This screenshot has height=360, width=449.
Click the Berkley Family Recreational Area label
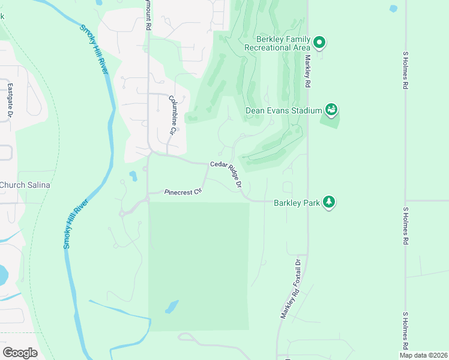[277, 43]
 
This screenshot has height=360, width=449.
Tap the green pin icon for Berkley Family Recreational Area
[319, 43]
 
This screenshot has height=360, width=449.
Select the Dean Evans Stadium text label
[284, 110]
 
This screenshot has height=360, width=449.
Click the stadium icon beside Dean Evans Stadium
[331, 110]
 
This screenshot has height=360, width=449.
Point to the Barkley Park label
[297, 203]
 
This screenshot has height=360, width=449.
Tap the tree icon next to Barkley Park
[328, 202]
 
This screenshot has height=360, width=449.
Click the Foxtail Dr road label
[297, 271]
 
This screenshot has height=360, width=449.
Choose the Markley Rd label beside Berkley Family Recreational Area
[307, 72]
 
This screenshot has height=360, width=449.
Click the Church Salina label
[25, 185]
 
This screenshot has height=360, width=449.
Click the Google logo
[20, 352]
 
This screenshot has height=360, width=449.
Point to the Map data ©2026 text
[423, 355]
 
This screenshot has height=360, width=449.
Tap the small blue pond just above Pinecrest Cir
[132, 176]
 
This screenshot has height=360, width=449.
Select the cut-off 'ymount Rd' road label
[148, 16]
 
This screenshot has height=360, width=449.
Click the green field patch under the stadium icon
[330, 121]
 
